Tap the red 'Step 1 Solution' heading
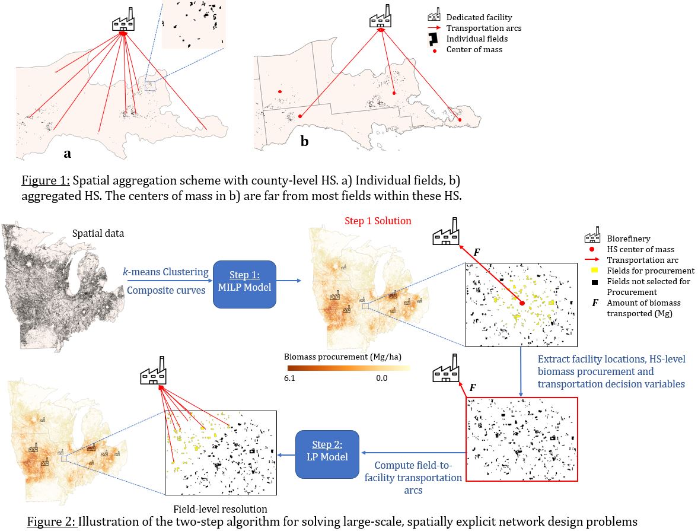pyautogui.click(x=378, y=221)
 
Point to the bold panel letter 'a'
pyautogui.click(x=68, y=154)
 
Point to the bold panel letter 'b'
pyautogui.click(x=305, y=142)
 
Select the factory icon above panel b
pyautogui.click(x=380, y=16)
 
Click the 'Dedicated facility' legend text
pyautogui.click(x=479, y=18)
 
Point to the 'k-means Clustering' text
pyautogui.click(x=165, y=272)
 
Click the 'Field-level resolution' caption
pyautogui.click(x=220, y=508)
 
